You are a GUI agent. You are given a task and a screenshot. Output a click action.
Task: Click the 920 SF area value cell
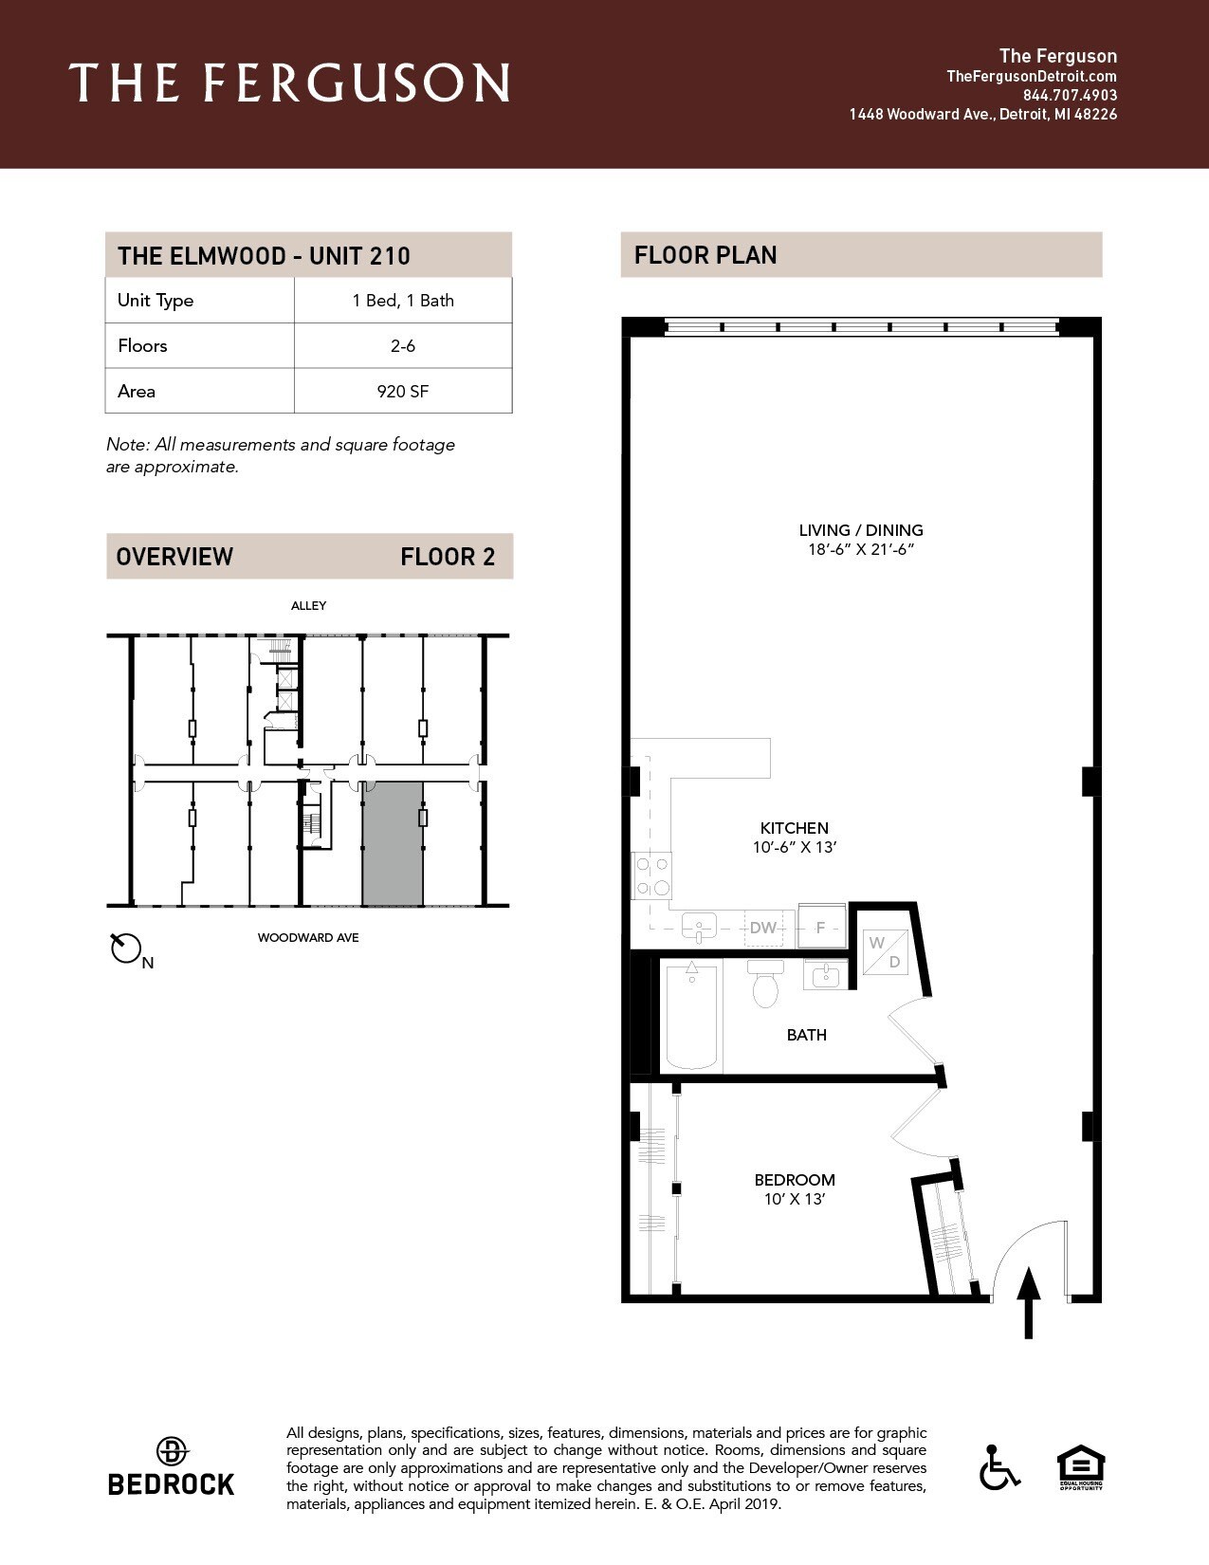pos(403,391)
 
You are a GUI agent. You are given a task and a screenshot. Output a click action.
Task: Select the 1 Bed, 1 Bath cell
pos(403,301)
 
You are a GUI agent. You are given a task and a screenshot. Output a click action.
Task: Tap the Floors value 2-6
pos(403,346)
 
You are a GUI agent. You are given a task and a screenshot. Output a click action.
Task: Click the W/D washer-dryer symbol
pos(886,952)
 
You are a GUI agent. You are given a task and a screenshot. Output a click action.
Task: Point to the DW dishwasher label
pos(763,928)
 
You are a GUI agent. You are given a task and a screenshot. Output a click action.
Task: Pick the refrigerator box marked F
pos(821,927)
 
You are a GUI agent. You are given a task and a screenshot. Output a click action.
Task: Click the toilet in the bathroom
pos(765,984)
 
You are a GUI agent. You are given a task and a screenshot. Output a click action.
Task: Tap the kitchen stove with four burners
pos(651,876)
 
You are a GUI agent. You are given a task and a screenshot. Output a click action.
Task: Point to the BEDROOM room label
pos(795,1180)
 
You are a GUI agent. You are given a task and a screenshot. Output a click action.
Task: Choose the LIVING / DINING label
pos(860,530)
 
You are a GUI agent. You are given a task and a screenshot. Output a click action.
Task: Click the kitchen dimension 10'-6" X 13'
pos(795,848)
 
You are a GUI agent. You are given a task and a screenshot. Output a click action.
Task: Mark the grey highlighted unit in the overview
pos(393,844)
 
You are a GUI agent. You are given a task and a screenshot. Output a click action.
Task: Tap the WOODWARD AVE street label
pos(308,938)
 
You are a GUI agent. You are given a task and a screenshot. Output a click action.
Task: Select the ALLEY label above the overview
pos(309,605)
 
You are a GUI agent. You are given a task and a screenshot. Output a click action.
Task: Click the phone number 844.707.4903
pos(1070,96)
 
